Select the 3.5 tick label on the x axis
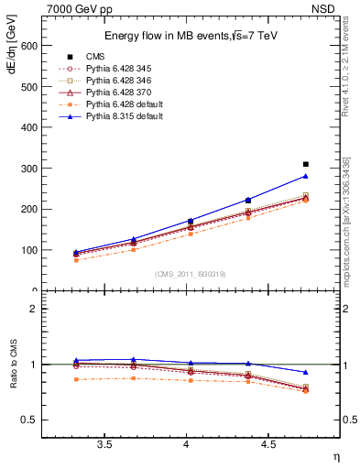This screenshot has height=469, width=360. [x=104, y=444]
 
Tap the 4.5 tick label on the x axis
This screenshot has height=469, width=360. [x=267, y=444]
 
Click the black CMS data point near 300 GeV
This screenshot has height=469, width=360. [x=306, y=164]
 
